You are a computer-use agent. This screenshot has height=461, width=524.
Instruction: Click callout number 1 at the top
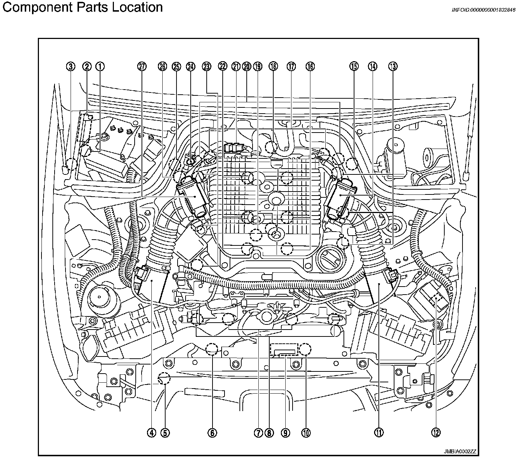pyautogui.click(x=100, y=66)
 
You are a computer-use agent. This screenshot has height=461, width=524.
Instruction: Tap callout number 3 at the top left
pyautogui.click(x=71, y=66)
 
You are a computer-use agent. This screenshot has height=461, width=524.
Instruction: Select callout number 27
pyautogui.click(x=142, y=66)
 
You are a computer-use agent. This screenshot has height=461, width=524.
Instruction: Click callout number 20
pyautogui.click(x=247, y=66)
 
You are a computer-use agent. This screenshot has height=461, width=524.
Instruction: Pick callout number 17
pyautogui.click(x=291, y=66)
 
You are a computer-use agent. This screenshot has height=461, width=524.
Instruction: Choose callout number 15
pyautogui.click(x=354, y=66)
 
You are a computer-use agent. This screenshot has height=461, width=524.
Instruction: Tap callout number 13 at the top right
pyautogui.click(x=393, y=66)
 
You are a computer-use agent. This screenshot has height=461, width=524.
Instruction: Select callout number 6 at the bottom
pyautogui.click(x=212, y=433)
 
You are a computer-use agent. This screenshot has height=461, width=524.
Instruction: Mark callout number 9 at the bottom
pyautogui.click(x=285, y=433)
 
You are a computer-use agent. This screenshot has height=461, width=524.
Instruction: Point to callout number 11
pyautogui.click(x=379, y=433)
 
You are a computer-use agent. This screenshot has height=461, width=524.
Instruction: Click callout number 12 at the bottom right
pyautogui.click(x=436, y=433)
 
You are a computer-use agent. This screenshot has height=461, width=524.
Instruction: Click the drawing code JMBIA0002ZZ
pyautogui.click(x=460, y=452)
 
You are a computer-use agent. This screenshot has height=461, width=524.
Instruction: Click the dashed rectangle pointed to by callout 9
pyautogui.click(x=284, y=349)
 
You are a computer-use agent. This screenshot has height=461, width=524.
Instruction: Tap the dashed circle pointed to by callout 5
pyautogui.click(x=164, y=379)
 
